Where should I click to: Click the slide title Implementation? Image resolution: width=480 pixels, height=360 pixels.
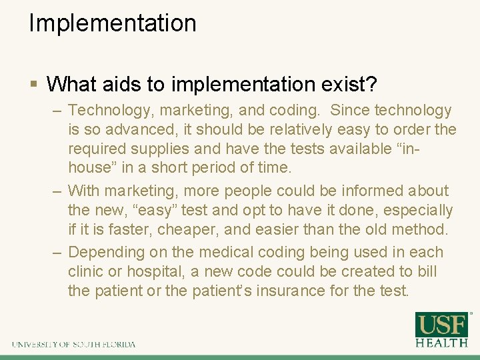(112, 23)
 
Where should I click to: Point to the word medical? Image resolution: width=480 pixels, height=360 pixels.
(225, 252)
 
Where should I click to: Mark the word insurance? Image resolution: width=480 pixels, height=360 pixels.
(300, 291)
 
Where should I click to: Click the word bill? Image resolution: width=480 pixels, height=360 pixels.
(427, 272)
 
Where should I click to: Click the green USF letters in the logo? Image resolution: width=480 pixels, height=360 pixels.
(441, 325)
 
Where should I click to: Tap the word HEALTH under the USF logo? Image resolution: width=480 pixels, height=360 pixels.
(441, 343)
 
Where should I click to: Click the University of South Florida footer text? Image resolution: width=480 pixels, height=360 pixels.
(73, 344)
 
